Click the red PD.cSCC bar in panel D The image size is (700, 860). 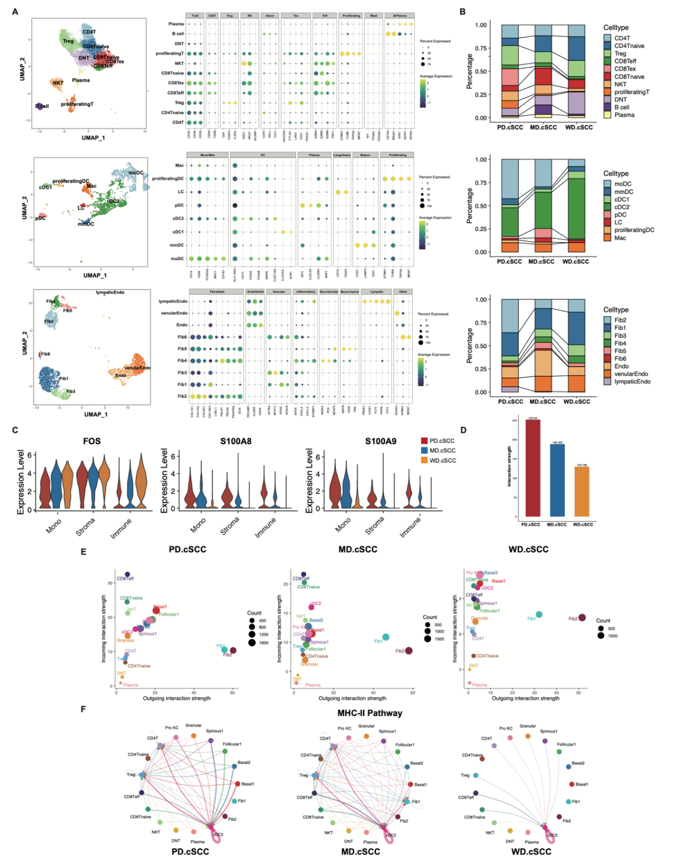[532, 468]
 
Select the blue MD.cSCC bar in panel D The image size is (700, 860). [557, 480]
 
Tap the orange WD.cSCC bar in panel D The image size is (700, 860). [581, 491]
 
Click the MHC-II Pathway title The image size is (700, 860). [369, 713]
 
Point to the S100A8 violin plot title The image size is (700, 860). [236, 441]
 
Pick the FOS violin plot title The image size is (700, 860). [92, 441]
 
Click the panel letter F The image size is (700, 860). [83, 709]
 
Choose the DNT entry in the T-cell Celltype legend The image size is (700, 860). [620, 99]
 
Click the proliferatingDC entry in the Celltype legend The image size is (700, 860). [634, 230]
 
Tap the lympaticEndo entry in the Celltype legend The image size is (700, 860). [632, 381]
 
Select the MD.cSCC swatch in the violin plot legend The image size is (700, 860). [424, 450]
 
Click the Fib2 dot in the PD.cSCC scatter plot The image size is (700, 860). [233, 650]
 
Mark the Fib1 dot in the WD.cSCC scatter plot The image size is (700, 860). [539, 614]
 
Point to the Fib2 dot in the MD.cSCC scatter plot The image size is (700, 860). [409, 651]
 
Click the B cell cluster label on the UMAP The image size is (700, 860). [42, 106]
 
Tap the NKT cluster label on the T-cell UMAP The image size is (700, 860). [58, 83]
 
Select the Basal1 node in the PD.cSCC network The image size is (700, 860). [238, 783]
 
